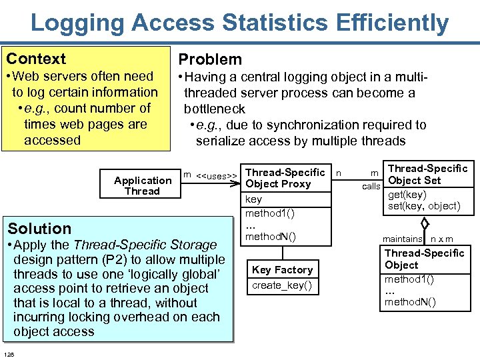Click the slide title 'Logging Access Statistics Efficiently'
point(239,23)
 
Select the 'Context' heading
point(36,59)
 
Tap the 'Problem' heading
point(210,59)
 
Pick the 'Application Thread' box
point(142,185)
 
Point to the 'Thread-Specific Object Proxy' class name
point(285,178)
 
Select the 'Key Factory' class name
point(282,269)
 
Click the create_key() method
point(281,286)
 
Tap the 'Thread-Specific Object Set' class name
point(427,175)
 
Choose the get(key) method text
point(407,194)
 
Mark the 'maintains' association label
point(402,239)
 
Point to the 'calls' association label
point(371,186)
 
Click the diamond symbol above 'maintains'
point(425,226)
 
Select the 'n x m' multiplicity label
point(441,239)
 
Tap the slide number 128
point(9,353)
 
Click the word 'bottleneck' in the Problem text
point(214,109)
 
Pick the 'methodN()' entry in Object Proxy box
point(271,236)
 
